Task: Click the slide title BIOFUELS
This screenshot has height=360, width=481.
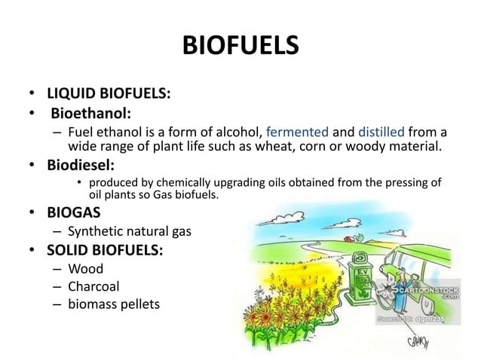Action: point(240,46)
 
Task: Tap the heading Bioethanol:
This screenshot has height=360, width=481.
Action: point(91,112)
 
